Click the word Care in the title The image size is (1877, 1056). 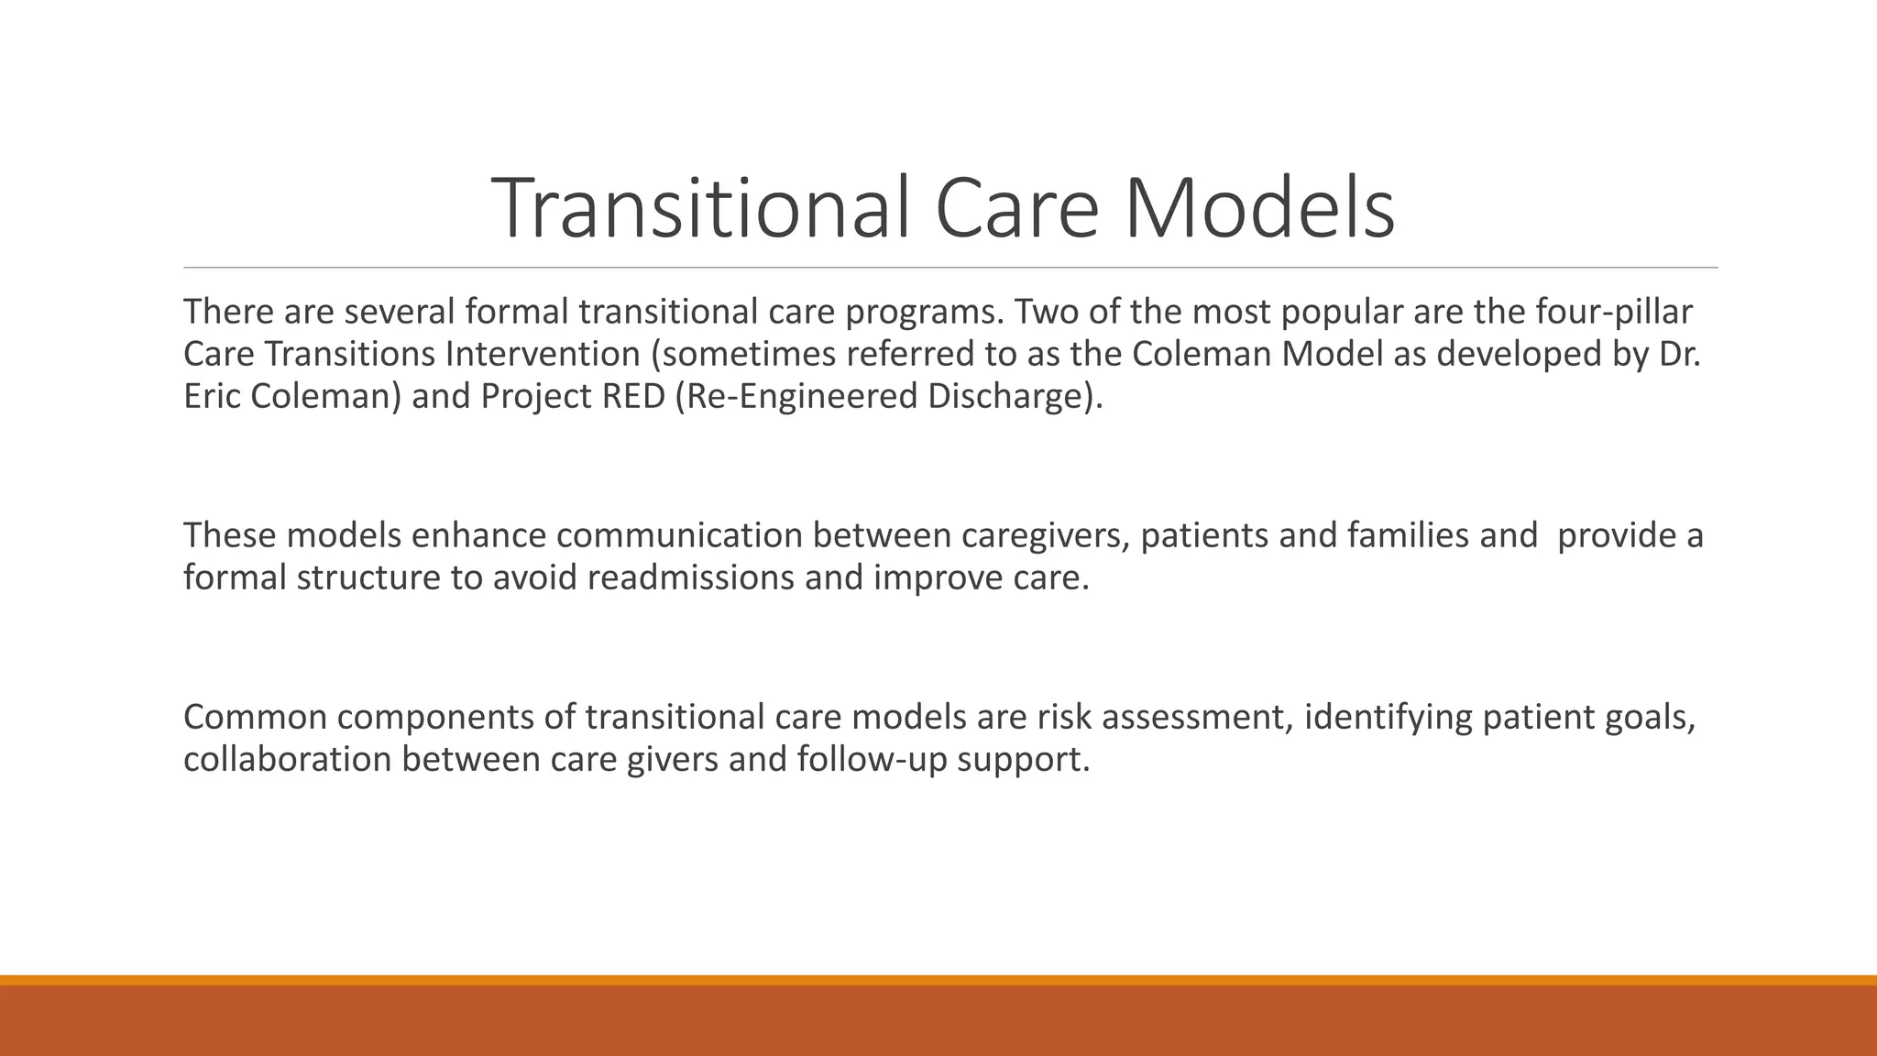(x=1017, y=209)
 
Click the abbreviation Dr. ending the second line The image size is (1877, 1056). (x=1680, y=355)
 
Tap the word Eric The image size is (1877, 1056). (x=212, y=397)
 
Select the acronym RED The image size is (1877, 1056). (x=633, y=397)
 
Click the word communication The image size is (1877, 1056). (x=678, y=535)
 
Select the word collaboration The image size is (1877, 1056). (x=288, y=760)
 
